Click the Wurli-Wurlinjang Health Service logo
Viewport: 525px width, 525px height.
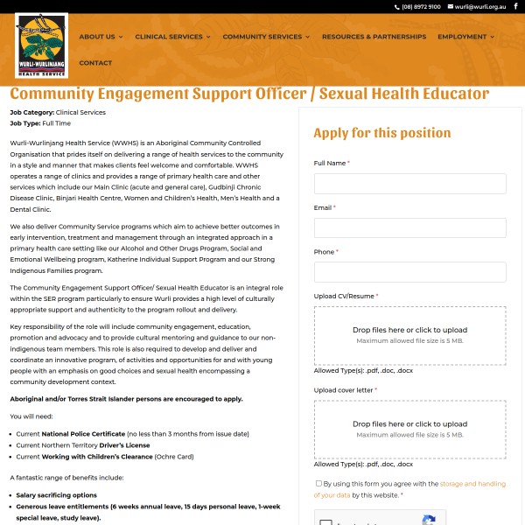pos(42,45)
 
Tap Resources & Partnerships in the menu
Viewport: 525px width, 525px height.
pos(374,37)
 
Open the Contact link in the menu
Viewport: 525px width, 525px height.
pos(95,63)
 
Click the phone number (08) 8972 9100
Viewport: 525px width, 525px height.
pos(421,7)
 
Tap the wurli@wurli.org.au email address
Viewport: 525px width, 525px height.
pos(480,7)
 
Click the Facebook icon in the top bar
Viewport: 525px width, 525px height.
pos(515,7)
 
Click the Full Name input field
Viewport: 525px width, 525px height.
pos(409,184)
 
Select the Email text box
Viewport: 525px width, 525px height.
pos(409,227)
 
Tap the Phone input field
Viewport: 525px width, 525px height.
pos(409,272)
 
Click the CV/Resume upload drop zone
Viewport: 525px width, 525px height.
pos(409,335)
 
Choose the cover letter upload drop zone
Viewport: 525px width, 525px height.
pos(409,429)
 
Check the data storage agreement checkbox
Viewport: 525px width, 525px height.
pos(318,483)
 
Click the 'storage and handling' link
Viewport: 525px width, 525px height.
pos(472,484)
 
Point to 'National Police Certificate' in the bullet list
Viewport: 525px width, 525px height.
pos(83,434)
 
